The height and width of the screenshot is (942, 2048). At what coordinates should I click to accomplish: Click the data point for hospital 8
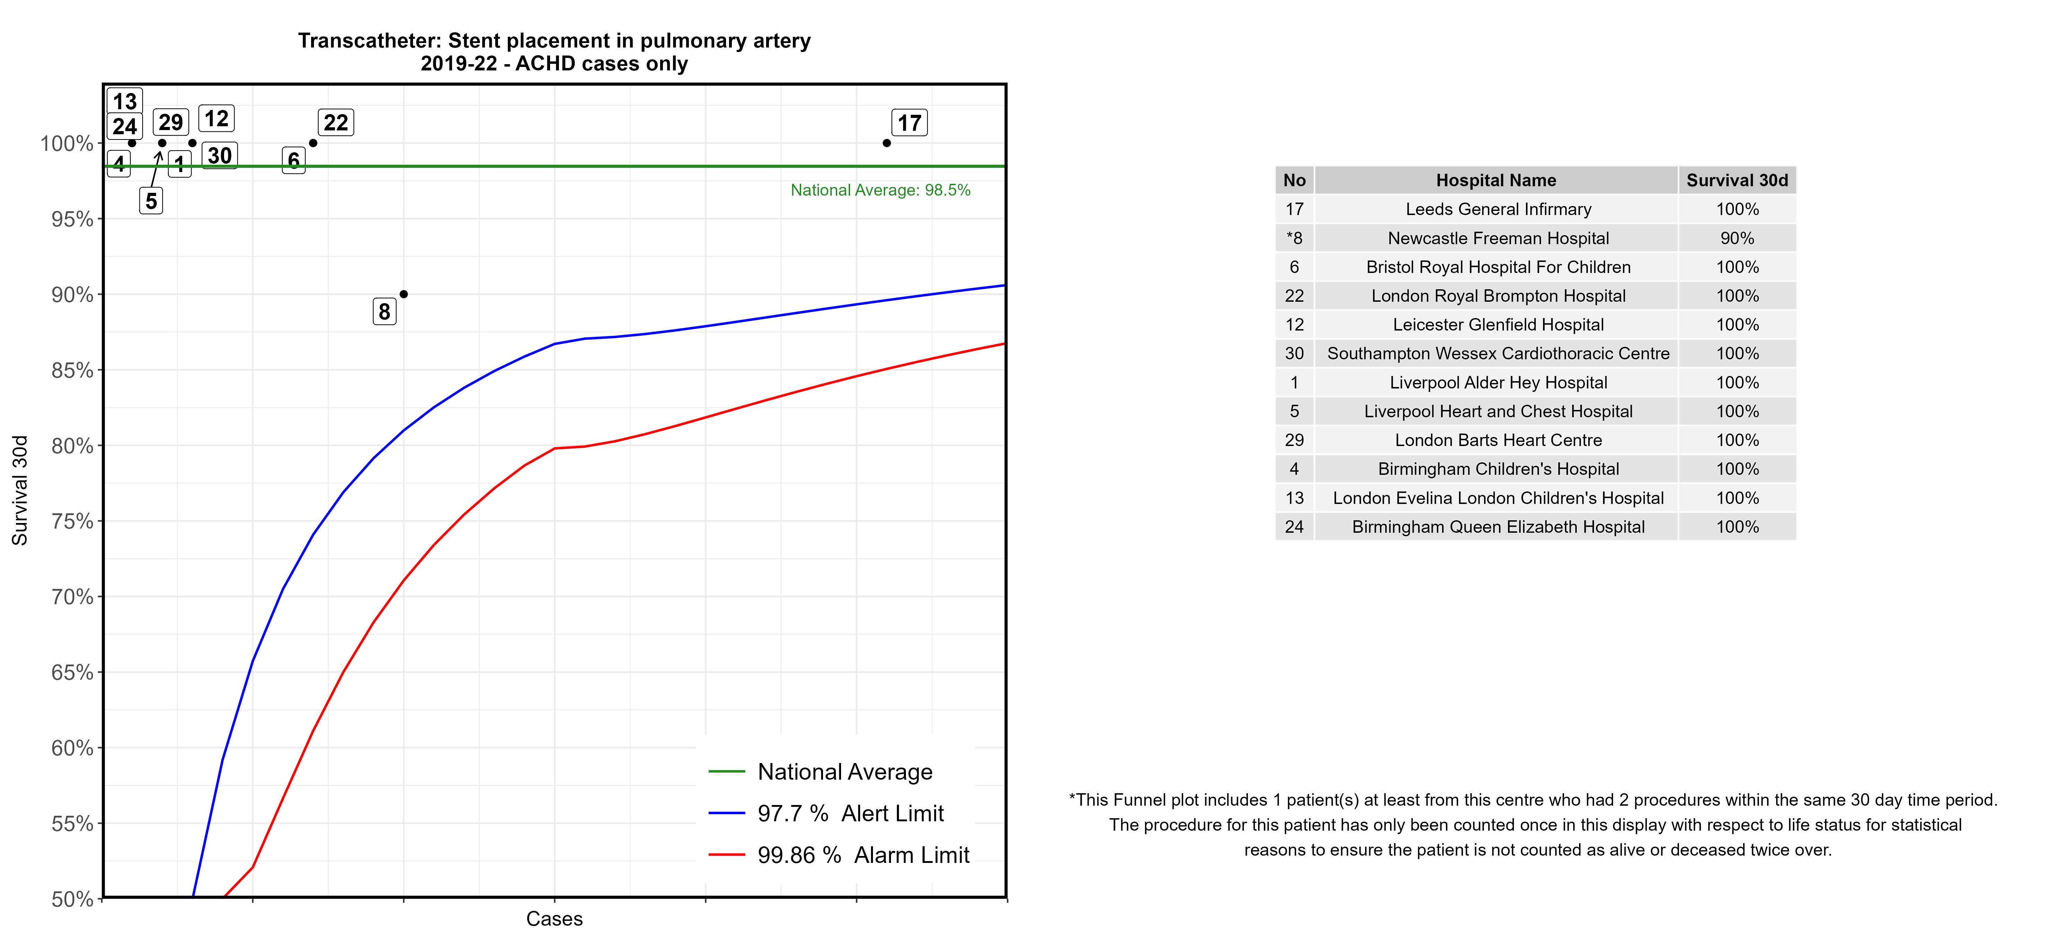coord(404,294)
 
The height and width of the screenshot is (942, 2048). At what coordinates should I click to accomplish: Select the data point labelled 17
coord(886,143)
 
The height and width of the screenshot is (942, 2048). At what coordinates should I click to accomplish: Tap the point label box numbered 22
coord(335,122)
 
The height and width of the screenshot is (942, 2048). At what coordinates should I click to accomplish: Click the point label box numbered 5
coord(151,201)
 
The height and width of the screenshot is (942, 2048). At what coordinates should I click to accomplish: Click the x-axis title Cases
coord(554,919)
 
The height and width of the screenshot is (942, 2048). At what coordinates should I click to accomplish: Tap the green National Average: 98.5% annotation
coord(880,190)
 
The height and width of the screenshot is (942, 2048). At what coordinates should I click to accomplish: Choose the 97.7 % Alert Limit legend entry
coord(850,813)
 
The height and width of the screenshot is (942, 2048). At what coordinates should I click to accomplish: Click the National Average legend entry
coord(844,772)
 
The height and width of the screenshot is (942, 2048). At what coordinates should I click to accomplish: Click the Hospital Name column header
coord(1496,180)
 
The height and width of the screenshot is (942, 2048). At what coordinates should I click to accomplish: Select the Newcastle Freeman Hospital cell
coord(1498,239)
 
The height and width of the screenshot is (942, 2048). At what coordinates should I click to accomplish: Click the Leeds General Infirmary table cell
coord(1498,209)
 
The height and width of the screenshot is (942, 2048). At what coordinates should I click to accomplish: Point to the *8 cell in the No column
coord(1294,239)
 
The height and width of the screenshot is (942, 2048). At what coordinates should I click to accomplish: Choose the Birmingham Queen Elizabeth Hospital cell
coord(1498,527)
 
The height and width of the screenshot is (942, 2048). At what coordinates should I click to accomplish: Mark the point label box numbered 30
coord(220,156)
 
